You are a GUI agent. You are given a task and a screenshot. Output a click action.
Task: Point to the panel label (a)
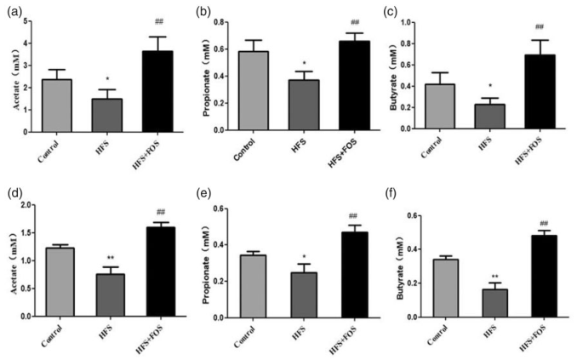(x=11, y=9)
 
